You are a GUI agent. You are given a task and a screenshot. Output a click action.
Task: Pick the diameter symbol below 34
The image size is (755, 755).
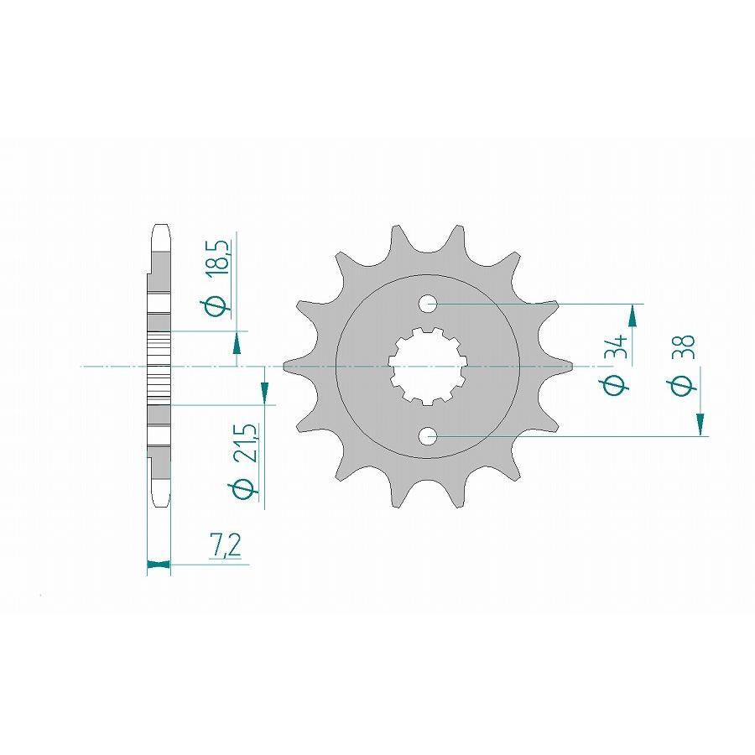tap(616, 385)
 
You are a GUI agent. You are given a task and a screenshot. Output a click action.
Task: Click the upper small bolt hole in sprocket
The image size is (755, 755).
tap(429, 303)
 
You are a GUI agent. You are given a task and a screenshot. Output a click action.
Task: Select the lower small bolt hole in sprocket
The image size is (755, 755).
tap(429, 435)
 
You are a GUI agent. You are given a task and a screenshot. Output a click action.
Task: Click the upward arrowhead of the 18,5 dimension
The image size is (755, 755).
tap(237, 341)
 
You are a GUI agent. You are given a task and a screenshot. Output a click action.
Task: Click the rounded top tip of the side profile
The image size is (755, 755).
tap(159, 228)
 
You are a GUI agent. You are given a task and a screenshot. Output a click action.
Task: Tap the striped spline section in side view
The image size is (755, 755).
tap(159, 367)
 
